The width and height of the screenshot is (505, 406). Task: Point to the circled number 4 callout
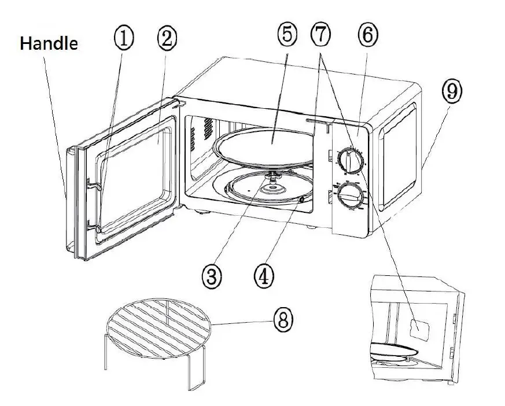click(263, 276)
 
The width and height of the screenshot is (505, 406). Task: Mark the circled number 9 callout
click(452, 90)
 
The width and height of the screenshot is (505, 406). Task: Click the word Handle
click(49, 44)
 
